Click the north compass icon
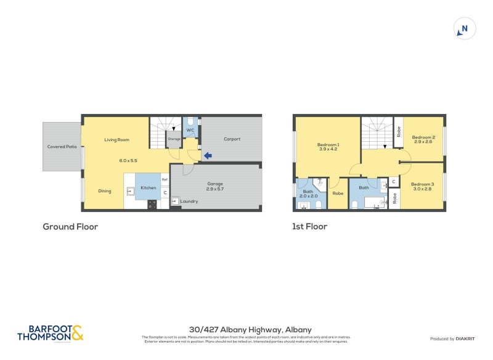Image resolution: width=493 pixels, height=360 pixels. point(465,28)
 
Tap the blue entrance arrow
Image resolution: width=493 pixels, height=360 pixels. point(208,156)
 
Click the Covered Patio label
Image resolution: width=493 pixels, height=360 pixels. point(62,147)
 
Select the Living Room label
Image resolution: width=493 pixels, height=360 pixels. point(116,140)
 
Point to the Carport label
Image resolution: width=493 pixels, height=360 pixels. point(232,139)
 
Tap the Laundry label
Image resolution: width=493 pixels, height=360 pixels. point(189,201)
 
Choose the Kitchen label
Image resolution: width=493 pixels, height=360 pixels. point(149,187)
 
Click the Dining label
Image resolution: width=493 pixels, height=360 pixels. point(105,191)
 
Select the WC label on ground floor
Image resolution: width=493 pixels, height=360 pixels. point(190,130)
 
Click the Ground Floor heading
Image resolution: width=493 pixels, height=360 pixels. point(70,227)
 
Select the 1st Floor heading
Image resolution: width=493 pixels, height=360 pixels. point(309,227)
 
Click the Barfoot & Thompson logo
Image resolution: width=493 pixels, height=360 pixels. point(50,333)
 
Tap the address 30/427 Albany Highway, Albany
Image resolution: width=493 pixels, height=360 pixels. point(250,330)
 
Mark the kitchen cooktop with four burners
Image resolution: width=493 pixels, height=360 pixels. point(152,204)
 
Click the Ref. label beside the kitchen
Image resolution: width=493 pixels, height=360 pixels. point(165,179)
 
